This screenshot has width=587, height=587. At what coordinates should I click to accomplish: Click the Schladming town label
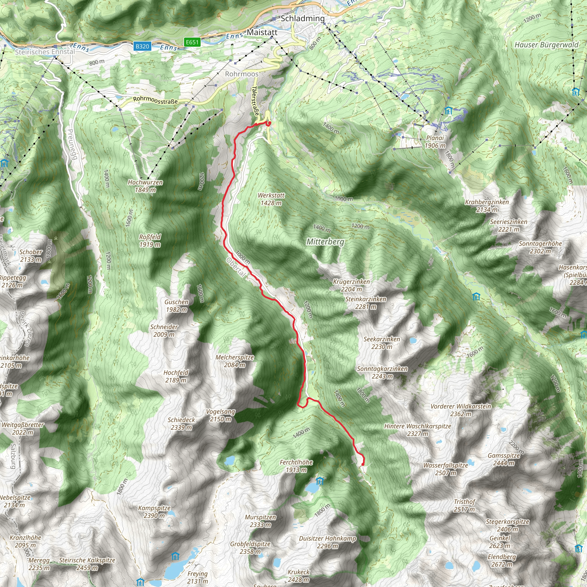click(302, 18)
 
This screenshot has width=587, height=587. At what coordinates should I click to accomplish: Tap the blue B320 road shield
click(142, 46)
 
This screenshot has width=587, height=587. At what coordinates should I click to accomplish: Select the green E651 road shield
click(192, 42)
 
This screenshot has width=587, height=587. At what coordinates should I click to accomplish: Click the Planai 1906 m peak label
click(435, 142)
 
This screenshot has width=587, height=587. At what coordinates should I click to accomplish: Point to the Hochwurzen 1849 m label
click(145, 186)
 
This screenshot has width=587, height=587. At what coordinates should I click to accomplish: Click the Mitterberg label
click(325, 242)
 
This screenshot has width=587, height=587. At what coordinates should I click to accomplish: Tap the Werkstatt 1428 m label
click(271, 199)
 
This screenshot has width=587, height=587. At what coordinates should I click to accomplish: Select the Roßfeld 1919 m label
click(150, 241)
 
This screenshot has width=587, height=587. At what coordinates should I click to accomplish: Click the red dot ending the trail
click(363, 464)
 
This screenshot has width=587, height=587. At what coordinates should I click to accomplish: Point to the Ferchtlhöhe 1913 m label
click(296, 466)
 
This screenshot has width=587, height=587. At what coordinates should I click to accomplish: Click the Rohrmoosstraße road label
click(155, 100)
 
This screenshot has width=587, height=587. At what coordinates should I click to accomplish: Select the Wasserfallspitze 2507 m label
click(445, 469)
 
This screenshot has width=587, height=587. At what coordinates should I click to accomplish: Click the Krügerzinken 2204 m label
click(351, 285)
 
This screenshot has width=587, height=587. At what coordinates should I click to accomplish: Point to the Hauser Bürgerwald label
click(547, 45)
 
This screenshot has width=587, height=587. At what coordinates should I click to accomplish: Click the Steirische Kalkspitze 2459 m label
click(87, 564)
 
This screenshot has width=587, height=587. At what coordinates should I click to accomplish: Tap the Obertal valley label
click(236, 267)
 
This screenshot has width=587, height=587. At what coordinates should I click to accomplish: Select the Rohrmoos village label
click(242, 74)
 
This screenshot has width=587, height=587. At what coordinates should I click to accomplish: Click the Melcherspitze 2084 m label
click(234, 361)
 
